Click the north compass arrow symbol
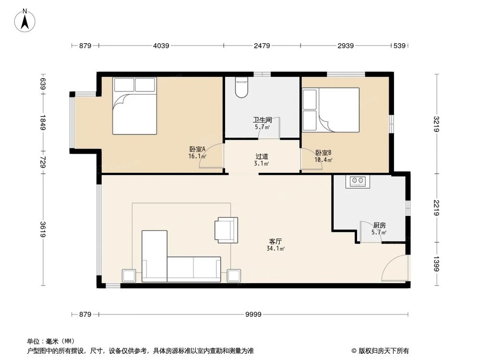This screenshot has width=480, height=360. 26,20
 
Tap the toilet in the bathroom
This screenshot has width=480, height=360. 241,88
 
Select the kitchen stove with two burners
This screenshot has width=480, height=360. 358,181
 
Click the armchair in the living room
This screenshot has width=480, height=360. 226,229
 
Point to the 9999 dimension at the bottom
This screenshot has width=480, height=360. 253,314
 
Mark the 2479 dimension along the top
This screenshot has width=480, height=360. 262,46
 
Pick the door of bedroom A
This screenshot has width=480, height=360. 211,157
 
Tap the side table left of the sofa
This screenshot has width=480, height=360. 129,276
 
